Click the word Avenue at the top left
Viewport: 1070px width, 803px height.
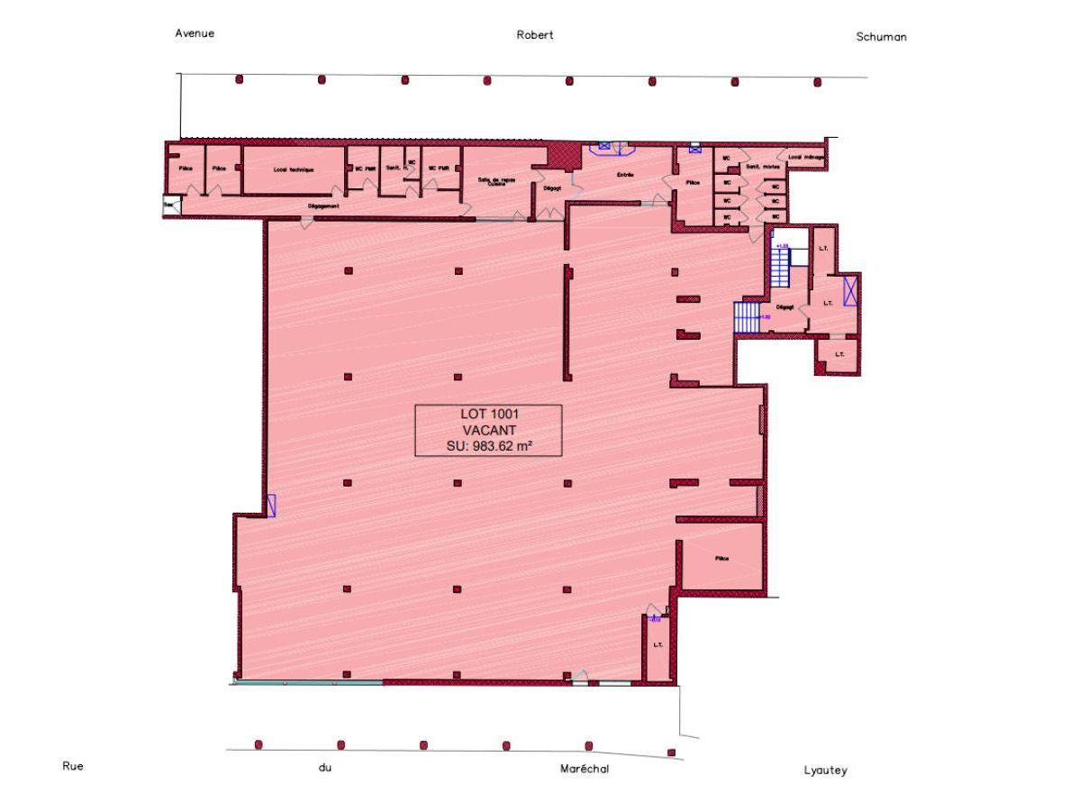click(x=195, y=33)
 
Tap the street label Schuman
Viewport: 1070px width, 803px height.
click(x=881, y=37)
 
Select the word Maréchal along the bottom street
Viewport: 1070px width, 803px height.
click(x=583, y=769)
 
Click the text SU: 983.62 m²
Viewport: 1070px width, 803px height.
click(x=487, y=445)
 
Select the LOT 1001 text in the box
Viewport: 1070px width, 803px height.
click(x=488, y=414)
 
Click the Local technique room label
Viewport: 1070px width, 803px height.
click(x=294, y=169)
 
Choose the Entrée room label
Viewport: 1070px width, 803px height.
click(x=625, y=174)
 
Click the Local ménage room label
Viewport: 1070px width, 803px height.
click(x=806, y=157)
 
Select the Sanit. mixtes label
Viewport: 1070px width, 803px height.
click(x=761, y=168)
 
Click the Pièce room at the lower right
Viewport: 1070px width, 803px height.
click(x=721, y=559)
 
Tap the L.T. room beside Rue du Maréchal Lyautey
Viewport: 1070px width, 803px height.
click(x=658, y=644)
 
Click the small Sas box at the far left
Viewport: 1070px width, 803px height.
click(x=170, y=205)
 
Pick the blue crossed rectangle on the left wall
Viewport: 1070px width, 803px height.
click(x=271, y=506)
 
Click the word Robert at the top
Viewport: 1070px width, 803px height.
click(x=534, y=35)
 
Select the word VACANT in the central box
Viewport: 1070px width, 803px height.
click(x=487, y=430)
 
